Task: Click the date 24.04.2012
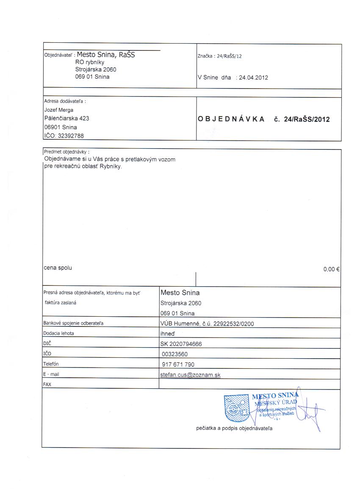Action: click(254, 77)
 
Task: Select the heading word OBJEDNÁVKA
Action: click(231, 119)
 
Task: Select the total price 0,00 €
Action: click(332, 269)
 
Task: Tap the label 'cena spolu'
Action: click(58, 268)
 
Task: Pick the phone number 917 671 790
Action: click(178, 364)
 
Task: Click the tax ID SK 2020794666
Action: click(181, 344)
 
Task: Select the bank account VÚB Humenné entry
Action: click(207, 324)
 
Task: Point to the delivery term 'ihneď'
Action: click(168, 334)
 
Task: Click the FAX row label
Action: click(47, 384)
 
